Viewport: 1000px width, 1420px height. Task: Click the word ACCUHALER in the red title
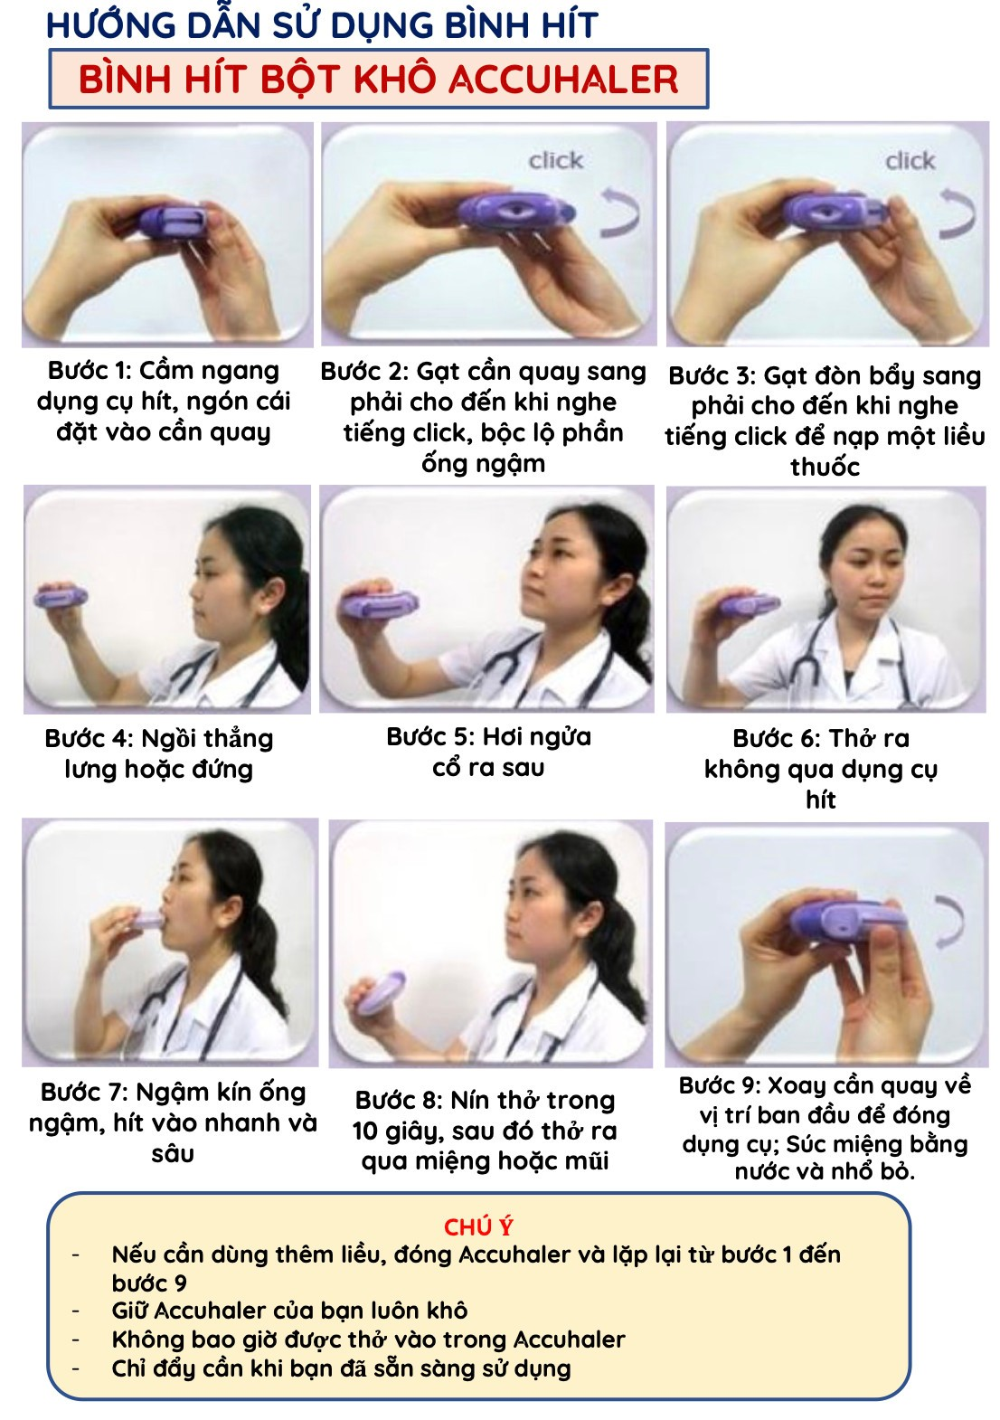click(x=563, y=80)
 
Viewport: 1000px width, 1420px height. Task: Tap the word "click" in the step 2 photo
click(x=556, y=160)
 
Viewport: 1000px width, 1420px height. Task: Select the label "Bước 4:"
click(x=89, y=739)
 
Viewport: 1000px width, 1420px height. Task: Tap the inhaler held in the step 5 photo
click(x=378, y=603)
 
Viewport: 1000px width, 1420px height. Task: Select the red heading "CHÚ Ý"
click(x=477, y=1228)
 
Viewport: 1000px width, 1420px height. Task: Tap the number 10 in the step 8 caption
click(x=365, y=1131)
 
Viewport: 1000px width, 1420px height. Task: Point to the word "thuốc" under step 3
click(x=825, y=468)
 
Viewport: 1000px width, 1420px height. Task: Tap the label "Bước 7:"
click(x=86, y=1093)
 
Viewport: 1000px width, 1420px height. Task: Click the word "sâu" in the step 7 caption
click(x=172, y=1154)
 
